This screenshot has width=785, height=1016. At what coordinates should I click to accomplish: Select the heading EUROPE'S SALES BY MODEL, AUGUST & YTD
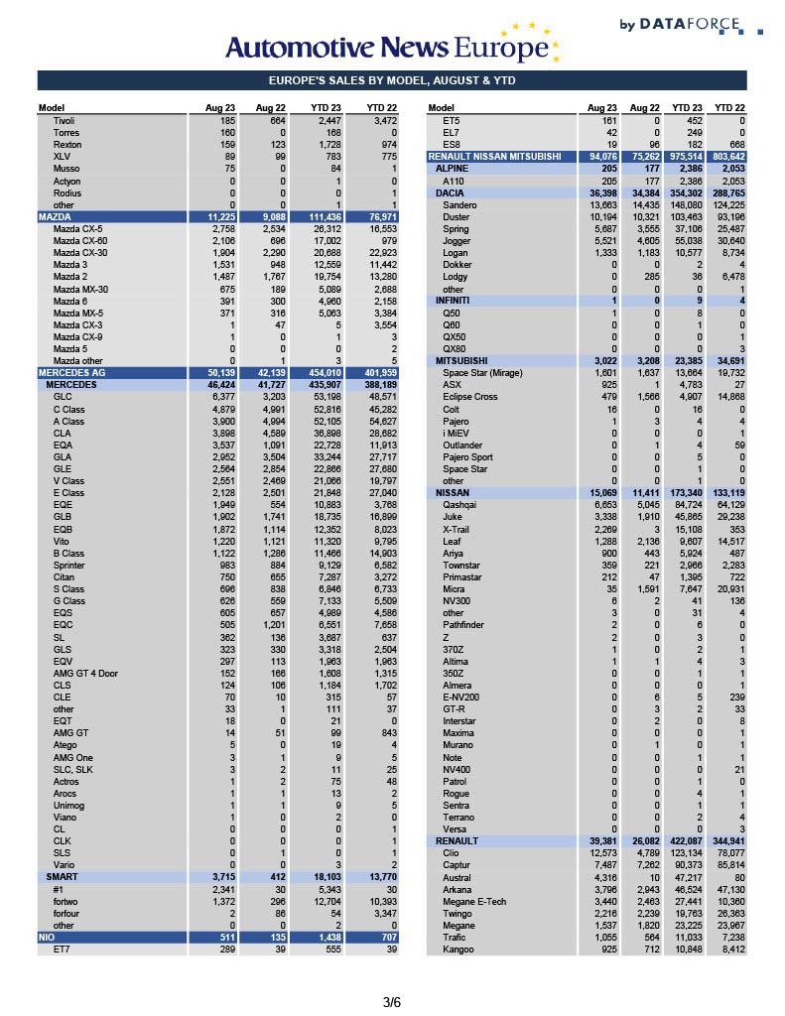(392, 81)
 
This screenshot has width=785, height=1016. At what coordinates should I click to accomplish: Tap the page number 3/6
(392, 1002)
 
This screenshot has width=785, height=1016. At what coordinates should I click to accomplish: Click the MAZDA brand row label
(54, 216)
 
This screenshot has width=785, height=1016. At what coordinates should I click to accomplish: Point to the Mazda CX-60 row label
(80, 240)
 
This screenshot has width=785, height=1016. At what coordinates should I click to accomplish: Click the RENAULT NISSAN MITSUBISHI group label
(493, 157)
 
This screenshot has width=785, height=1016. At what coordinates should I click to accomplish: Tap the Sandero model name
(460, 204)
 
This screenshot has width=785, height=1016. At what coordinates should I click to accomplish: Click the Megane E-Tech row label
(474, 901)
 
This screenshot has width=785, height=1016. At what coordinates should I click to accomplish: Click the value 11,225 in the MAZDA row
(220, 216)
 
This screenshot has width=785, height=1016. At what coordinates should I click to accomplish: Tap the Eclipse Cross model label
(470, 397)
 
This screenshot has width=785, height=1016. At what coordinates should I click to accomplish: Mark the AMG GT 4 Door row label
(85, 673)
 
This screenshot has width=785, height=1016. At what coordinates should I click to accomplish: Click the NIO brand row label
(46, 937)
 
